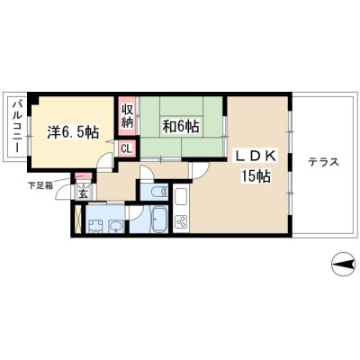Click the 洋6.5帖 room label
(x=73, y=131)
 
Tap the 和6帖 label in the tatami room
(x=181, y=126)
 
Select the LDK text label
(x=256, y=156)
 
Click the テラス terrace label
(x=323, y=162)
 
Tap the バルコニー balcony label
(x=16, y=128)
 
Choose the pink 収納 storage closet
(x=127, y=116)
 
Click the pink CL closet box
(x=127, y=148)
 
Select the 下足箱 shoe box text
(x=40, y=185)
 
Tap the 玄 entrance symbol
(x=83, y=194)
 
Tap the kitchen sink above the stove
(x=181, y=199)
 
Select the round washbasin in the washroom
(x=115, y=226)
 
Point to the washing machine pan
(x=95, y=226)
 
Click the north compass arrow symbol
(x=343, y=265)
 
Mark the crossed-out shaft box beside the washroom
(x=78, y=220)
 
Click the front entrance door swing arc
(x=64, y=193)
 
